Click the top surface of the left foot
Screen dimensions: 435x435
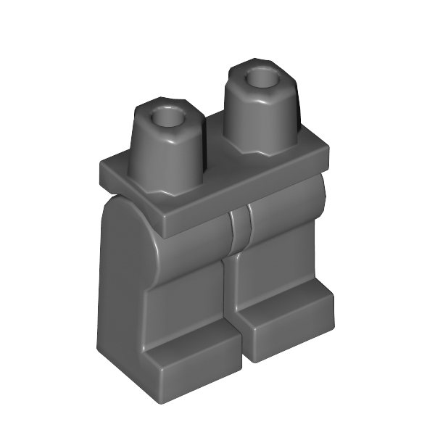tap(192, 344)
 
